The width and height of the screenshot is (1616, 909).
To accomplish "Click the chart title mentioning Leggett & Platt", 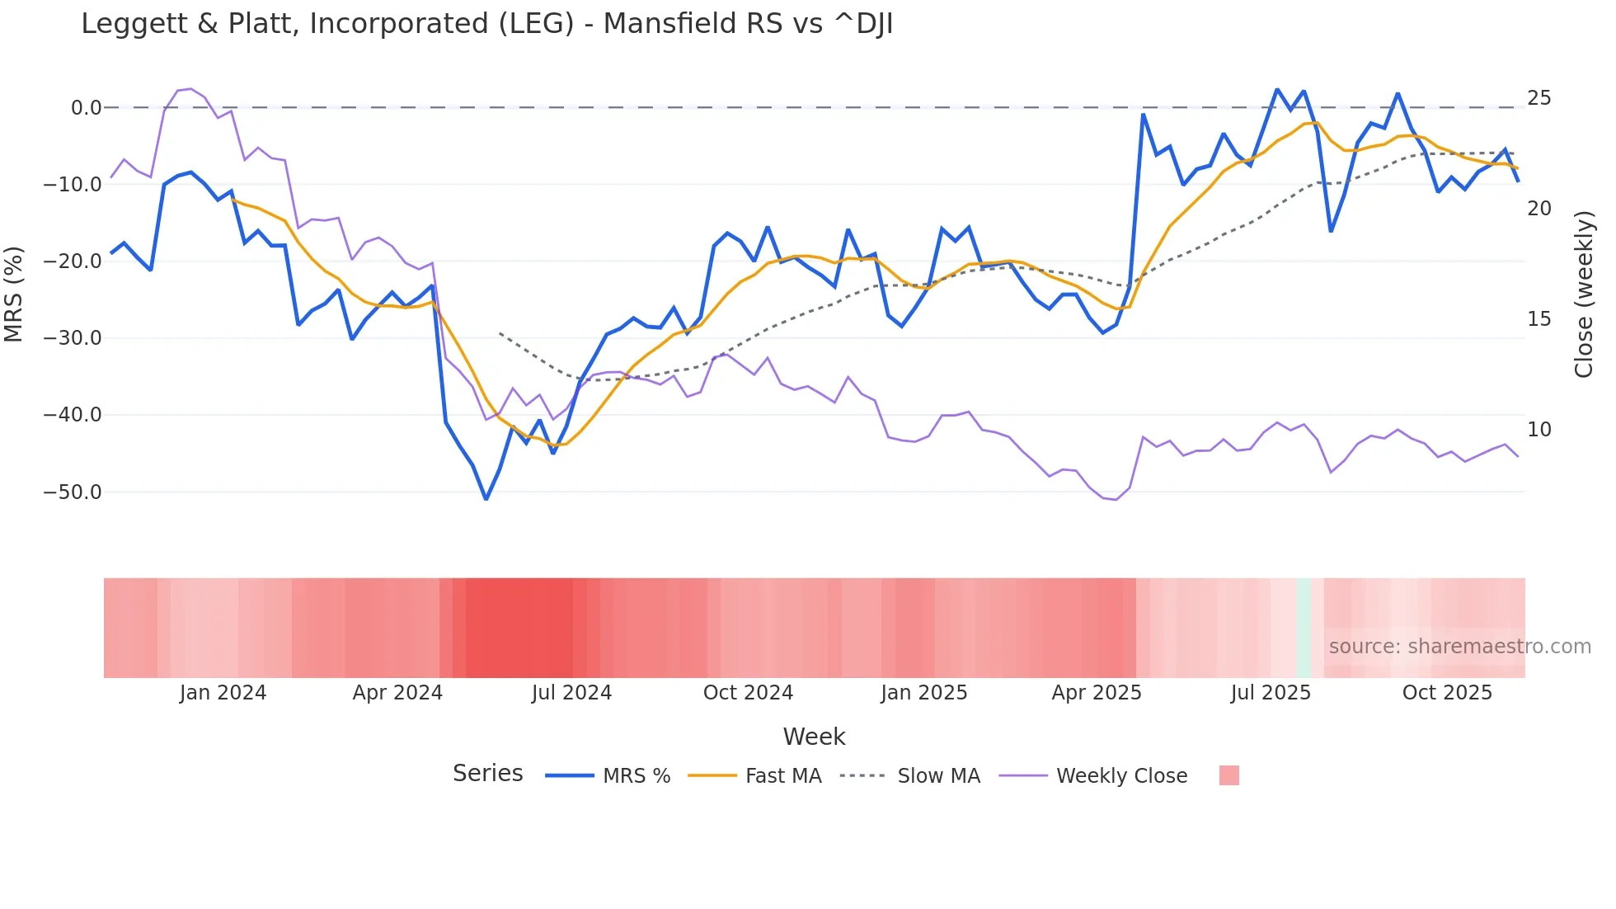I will pos(486,24).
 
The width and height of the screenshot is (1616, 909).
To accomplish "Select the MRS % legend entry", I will pos(636,776).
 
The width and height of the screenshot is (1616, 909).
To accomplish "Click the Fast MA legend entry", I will pos(782,776).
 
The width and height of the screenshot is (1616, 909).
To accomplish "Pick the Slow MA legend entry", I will pos(938,776).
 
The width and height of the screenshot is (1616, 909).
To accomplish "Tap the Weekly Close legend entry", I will pos(1121,776).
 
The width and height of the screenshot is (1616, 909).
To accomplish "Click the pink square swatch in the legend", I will pos(1228,775).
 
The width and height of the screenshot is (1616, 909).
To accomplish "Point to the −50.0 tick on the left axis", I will pos(73,492).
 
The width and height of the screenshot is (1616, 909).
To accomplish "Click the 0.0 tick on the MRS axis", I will pos(86,108).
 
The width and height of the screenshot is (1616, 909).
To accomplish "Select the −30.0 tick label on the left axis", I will pos(73,338).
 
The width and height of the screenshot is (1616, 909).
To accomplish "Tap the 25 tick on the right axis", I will pos(1538,98).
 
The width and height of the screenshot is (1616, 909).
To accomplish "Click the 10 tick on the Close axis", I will pos(1538,430).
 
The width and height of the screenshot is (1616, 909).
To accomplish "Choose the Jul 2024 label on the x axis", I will pos(571,693).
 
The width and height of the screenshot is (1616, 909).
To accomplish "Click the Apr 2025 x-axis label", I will pos(1096,693).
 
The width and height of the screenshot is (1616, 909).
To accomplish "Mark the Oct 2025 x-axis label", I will pos(1447,693).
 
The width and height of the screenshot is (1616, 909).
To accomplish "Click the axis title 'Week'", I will pos(814,737).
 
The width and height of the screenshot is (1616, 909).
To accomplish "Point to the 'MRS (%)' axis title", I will pos(14,294).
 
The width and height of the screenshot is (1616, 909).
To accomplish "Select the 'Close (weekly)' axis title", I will pos(1583,294).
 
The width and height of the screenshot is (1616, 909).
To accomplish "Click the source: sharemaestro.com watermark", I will pos(1459,647).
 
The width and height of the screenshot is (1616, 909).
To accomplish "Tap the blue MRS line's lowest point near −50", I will pos(486,498).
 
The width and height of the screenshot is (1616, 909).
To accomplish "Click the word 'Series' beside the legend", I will pos(487,774).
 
